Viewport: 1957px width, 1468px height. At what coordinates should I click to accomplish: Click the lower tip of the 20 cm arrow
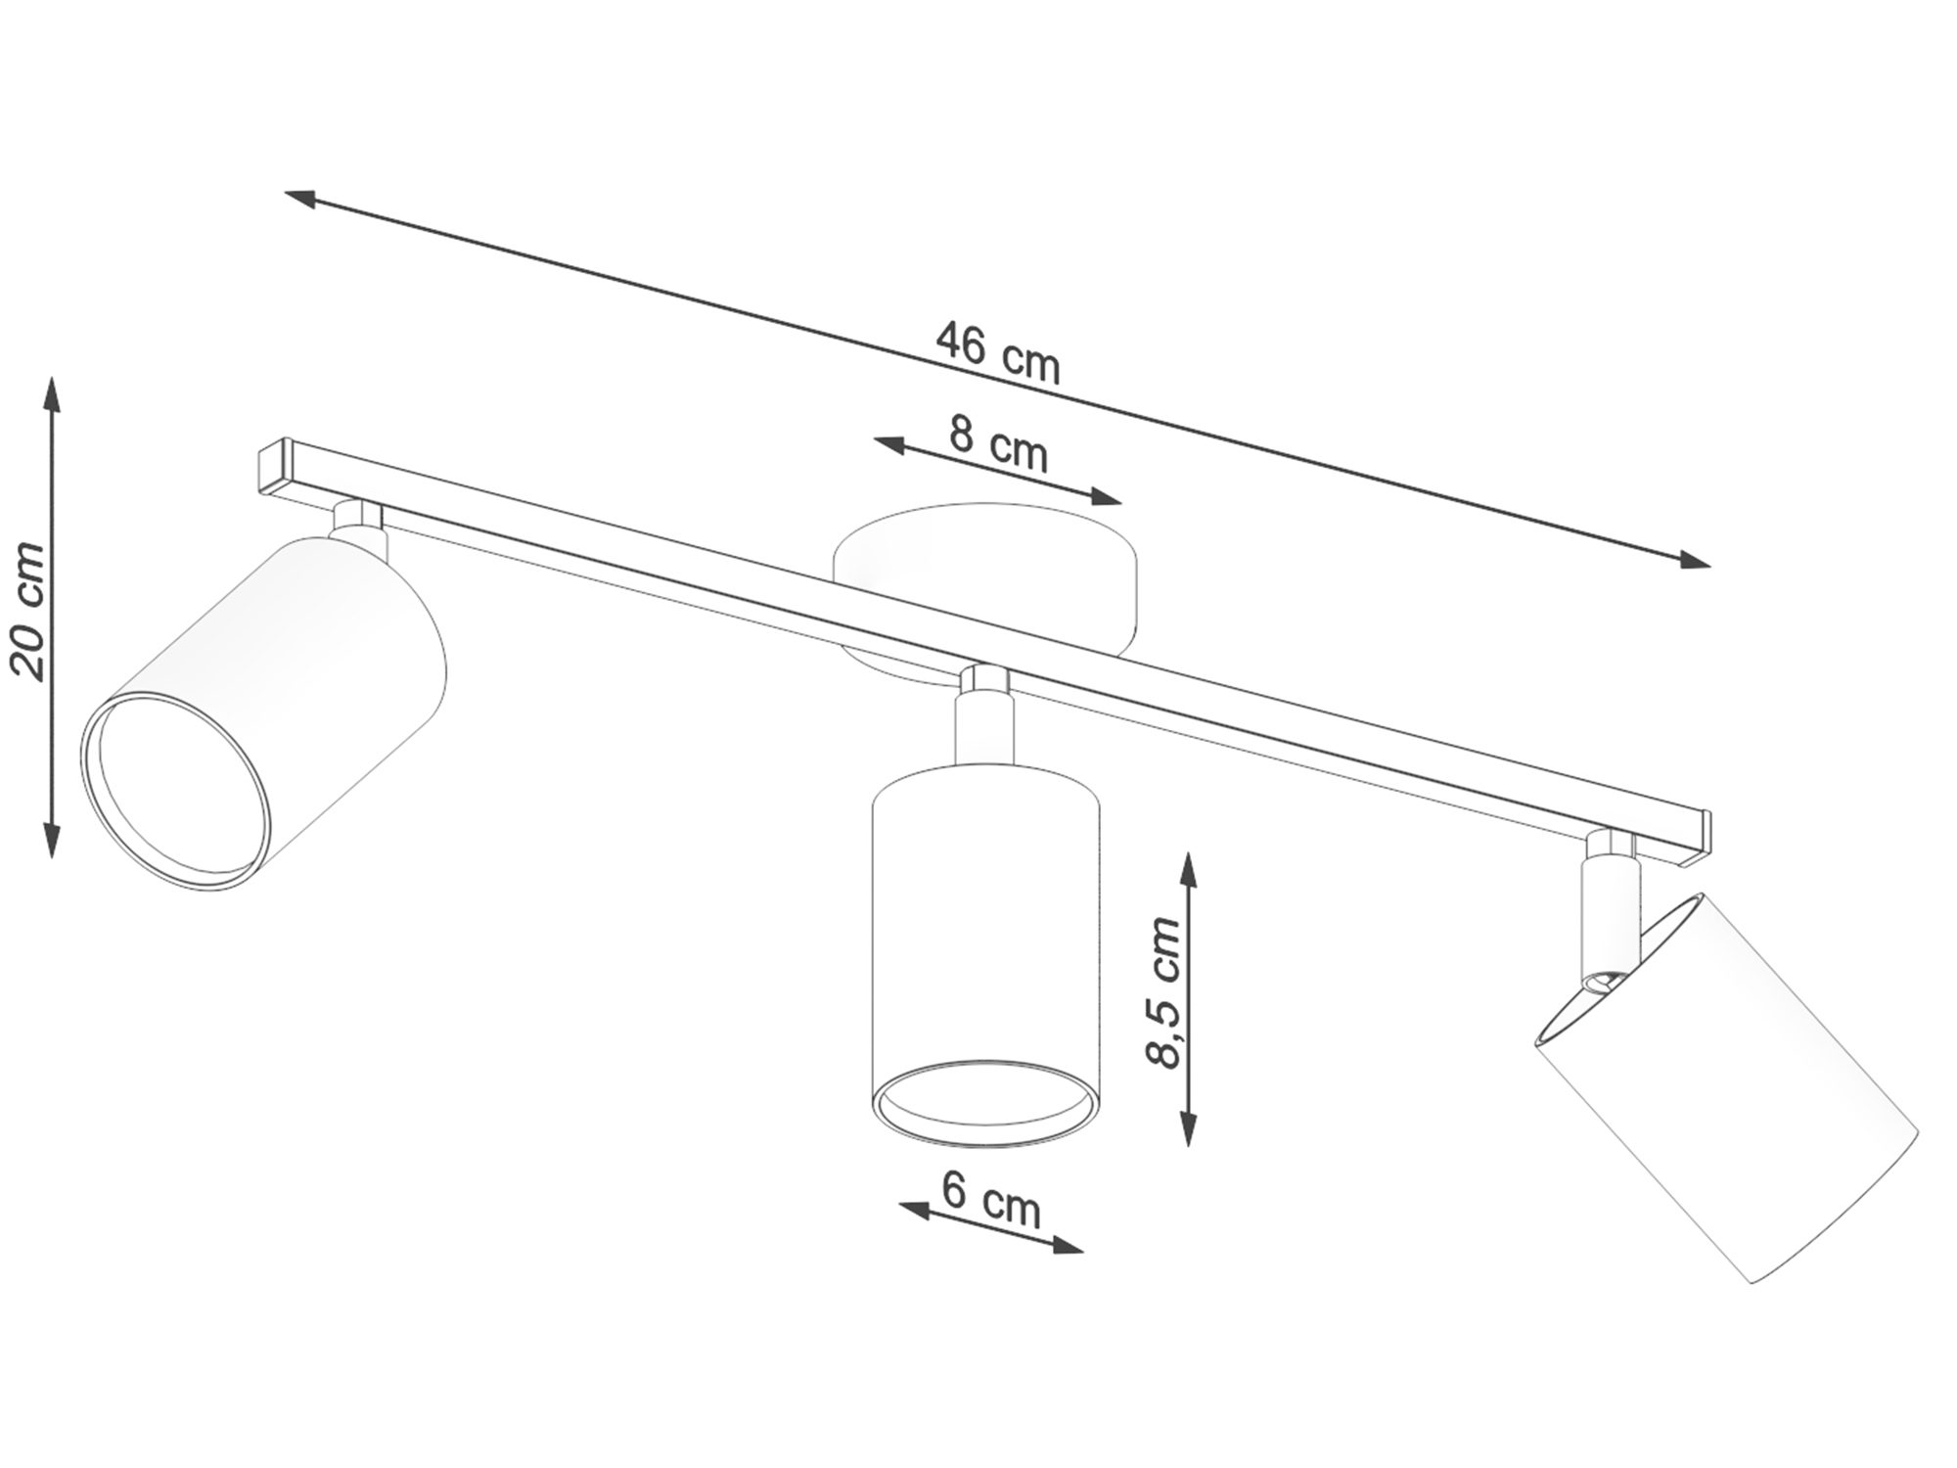[52, 859]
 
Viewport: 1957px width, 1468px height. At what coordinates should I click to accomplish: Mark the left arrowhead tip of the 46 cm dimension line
[285, 192]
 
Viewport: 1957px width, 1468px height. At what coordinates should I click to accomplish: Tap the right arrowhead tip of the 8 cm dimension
[1121, 504]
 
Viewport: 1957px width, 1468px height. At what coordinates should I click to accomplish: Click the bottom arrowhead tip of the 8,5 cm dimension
[1188, 1145]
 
